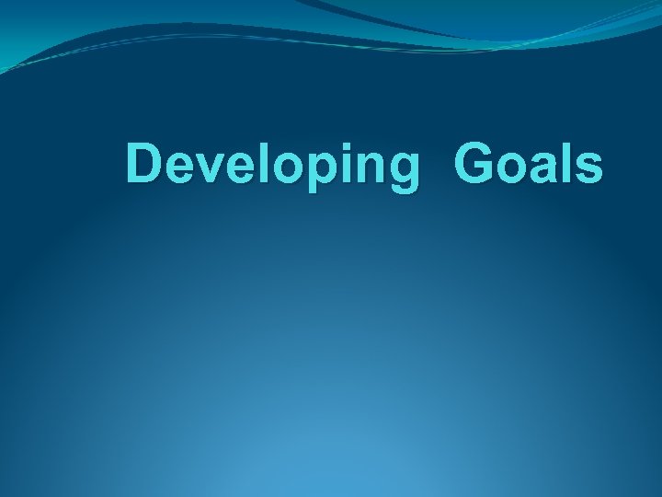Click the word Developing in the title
271,167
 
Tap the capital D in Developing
144,165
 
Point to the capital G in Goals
474,165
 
